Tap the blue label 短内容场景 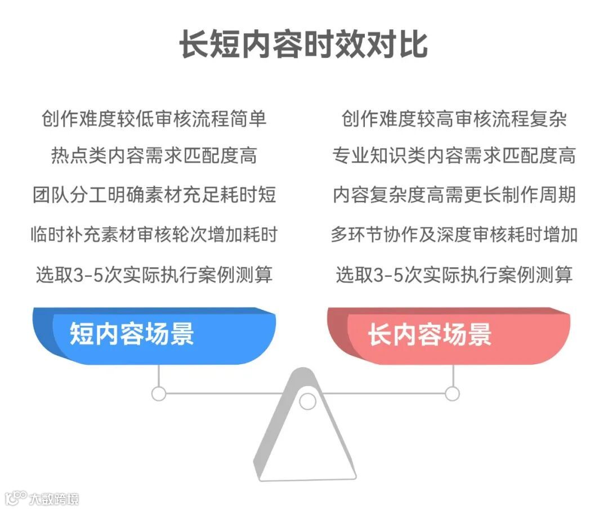pos(132,334)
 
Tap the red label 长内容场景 pos(430,334)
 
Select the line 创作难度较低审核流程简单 pos(154,119)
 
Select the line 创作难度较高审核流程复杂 pos(454,119)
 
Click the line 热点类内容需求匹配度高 pos(154,155)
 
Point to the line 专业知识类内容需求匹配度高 pos(454,155)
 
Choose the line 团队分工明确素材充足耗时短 pos(154,195)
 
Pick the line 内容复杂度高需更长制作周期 pos(454,195)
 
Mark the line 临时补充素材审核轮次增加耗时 pos(154,234)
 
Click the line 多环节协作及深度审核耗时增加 pos(454,234)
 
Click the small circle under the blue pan pos(159,393)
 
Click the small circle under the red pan pos(453,393)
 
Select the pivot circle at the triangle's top pos(307,401)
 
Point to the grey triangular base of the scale pos(307,450)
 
